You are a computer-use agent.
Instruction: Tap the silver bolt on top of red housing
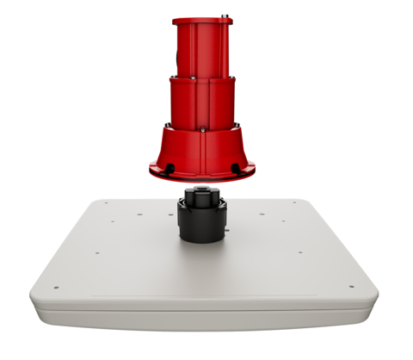(x=226, y=14)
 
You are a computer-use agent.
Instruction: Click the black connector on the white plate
(x=202, y=220)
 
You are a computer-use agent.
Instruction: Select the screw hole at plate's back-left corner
(x=105, y=203)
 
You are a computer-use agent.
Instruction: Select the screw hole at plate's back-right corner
(x=295, y=203)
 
